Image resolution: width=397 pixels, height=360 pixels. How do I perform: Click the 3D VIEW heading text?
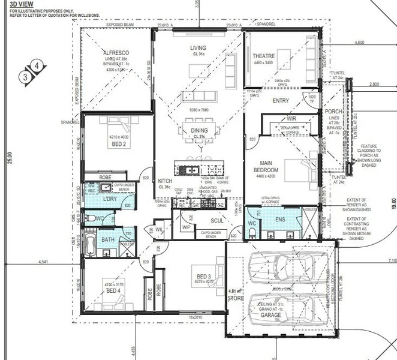point(19,4)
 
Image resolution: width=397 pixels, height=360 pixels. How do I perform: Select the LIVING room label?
point(198,48)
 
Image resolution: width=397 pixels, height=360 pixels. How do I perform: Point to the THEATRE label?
point(263,56)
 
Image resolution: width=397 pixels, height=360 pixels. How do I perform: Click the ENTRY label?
point(281,101)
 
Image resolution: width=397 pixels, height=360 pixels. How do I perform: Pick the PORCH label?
point(333,112)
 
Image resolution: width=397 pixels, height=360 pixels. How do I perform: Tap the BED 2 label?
point(119,145)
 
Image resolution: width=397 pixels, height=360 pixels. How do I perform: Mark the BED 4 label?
point(113,290)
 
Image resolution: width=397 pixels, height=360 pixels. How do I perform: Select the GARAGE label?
point(270,314)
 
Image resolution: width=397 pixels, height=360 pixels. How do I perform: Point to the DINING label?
point(199,131)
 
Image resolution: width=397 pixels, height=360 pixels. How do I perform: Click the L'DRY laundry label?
point(109,199)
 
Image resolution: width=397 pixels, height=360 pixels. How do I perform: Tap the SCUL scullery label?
point(217,221)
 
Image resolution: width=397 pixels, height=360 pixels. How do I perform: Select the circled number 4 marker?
point(37,65)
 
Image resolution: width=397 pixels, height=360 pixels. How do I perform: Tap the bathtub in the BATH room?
point(91,244)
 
